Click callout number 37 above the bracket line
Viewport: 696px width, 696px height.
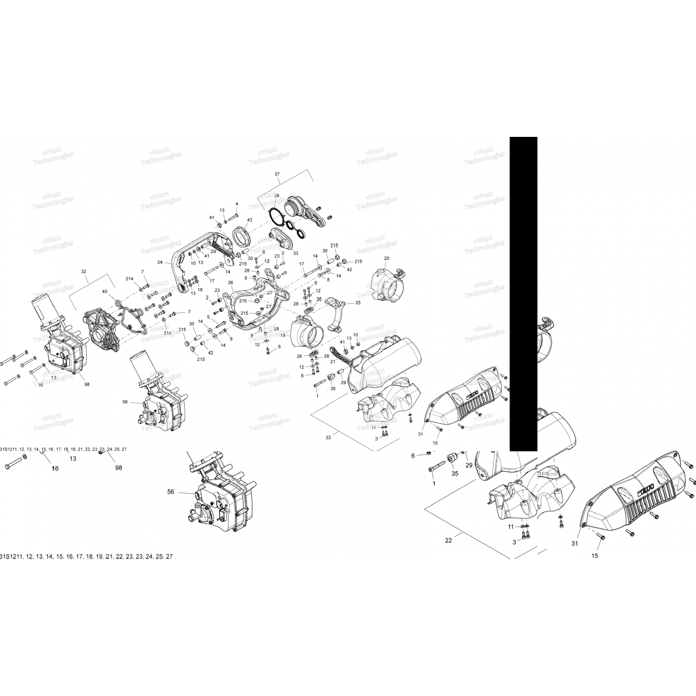point(277,174)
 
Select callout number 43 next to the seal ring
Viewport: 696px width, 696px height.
point(250,220)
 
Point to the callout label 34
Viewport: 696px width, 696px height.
point(160,263)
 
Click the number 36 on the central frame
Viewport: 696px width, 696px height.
point(231,283)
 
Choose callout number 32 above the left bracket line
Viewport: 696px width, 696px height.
point(84,271)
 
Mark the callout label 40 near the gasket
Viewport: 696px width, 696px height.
point(104,292)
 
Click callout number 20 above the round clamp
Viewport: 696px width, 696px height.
point(387,258)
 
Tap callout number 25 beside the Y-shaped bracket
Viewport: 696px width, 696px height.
point(358,303)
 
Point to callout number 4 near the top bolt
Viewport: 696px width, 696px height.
point(237,204)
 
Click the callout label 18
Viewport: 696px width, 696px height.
point(200,290)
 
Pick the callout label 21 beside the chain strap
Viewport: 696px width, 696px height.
point(333,361)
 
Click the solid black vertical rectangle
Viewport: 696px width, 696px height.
point(523,293)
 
